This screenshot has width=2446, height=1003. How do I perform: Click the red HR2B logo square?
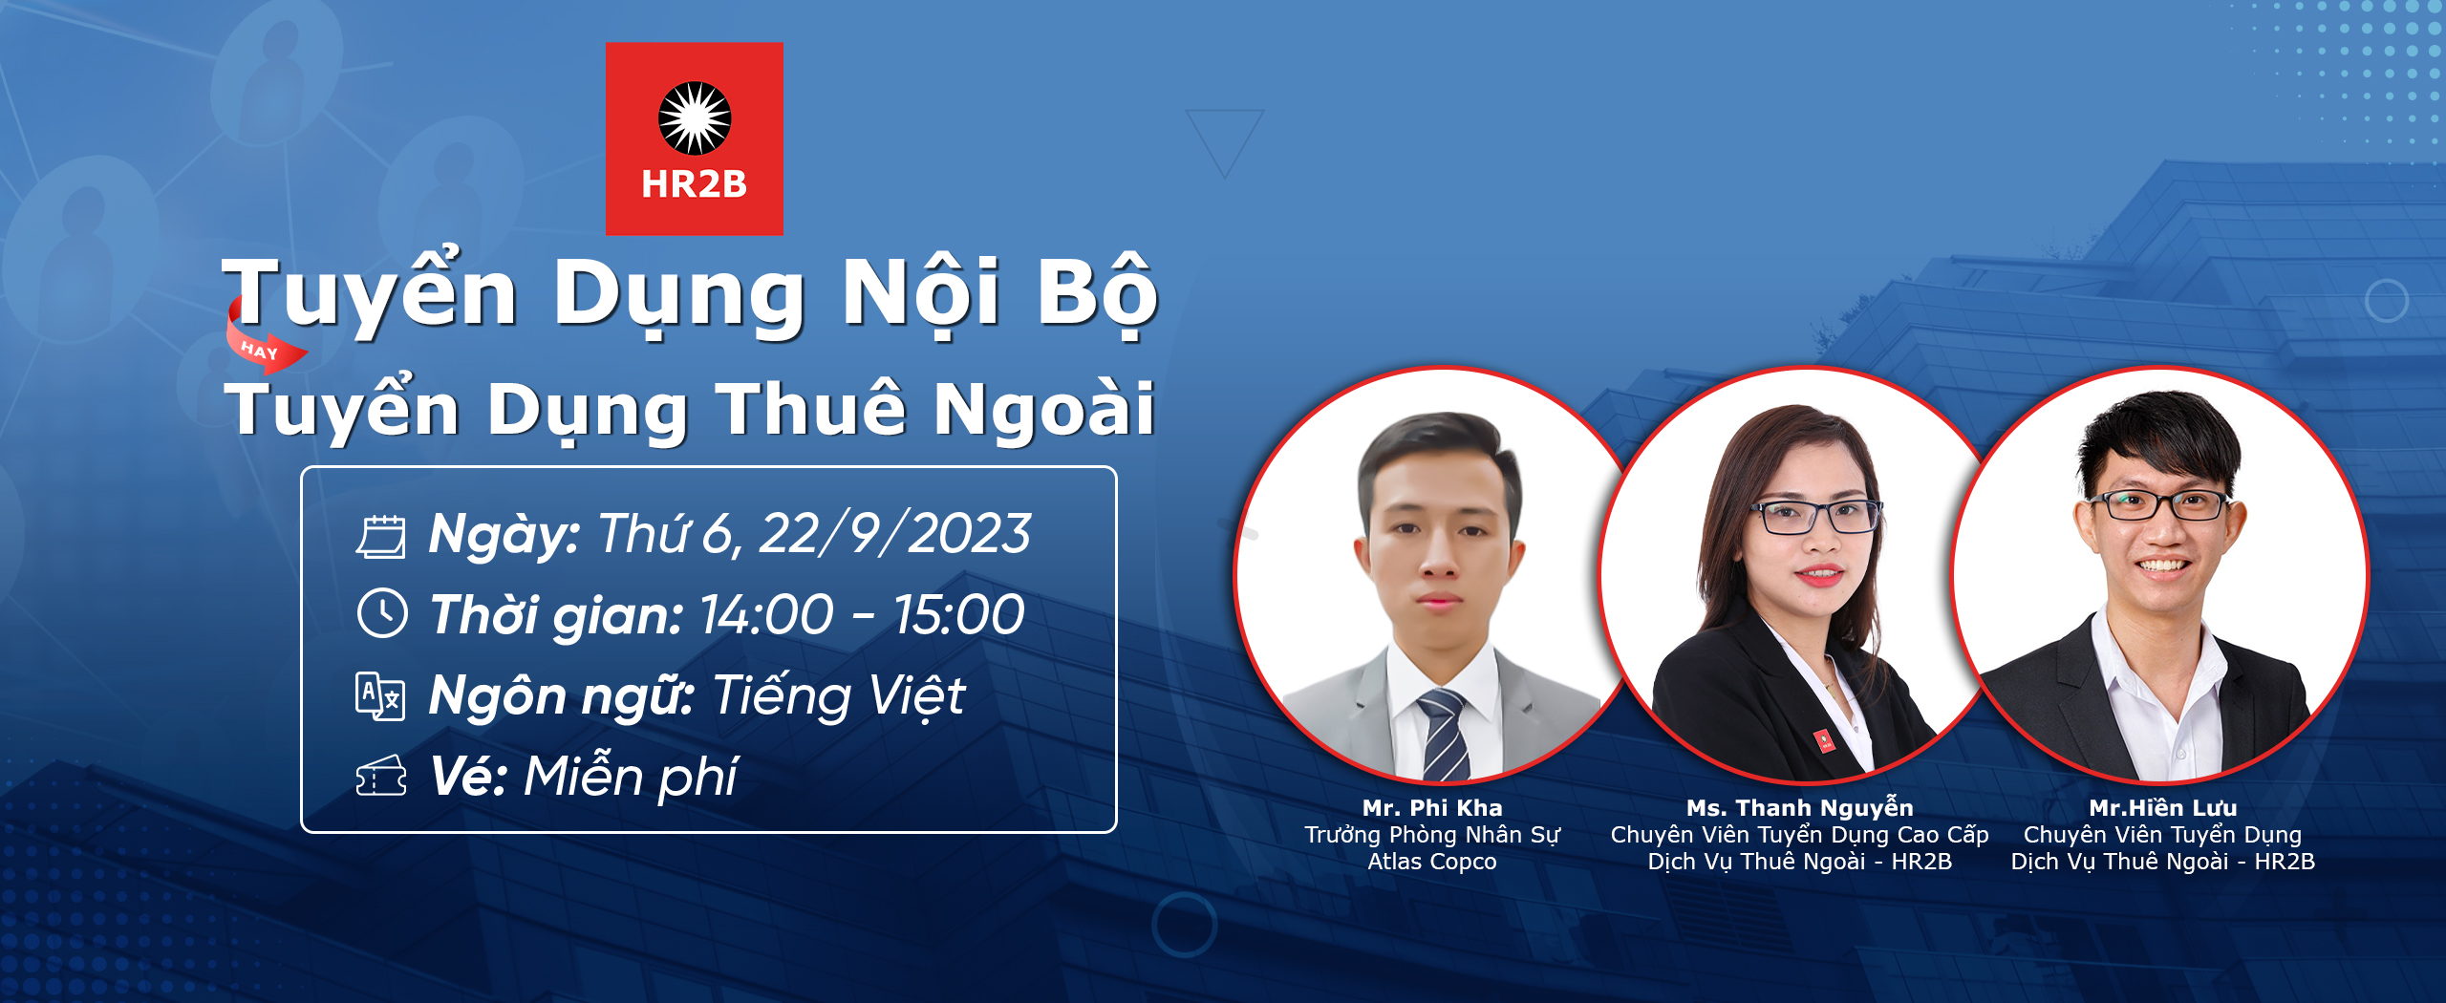click(695, 139)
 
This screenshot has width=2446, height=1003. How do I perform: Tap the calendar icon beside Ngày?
click(381, 536)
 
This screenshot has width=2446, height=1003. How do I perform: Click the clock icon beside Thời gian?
click(382, 613)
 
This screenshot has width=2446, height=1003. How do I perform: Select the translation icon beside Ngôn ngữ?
click(380, 695)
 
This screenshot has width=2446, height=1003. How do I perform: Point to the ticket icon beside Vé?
click(381, 776)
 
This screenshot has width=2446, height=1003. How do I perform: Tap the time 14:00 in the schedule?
click(766, 614)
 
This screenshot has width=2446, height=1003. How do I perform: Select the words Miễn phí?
click(631, 776)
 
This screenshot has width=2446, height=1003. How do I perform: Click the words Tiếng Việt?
click(839, 694)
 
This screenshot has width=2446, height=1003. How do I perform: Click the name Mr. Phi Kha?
click(1432, 808)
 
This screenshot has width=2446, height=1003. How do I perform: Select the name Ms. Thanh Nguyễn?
click(1800, 808)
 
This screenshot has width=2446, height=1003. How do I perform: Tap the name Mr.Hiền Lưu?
click(2163, 808)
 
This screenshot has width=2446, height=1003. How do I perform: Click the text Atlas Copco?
click(1432, 862)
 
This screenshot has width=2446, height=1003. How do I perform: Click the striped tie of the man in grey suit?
click(1445, 736)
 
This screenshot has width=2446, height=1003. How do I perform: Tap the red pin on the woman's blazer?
click(1825, 741)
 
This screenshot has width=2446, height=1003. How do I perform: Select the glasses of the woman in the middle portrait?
click(1817, 517)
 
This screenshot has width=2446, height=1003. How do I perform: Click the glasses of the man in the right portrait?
click(2157, 504)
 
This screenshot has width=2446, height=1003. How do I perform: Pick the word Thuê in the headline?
click(811, 408)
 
